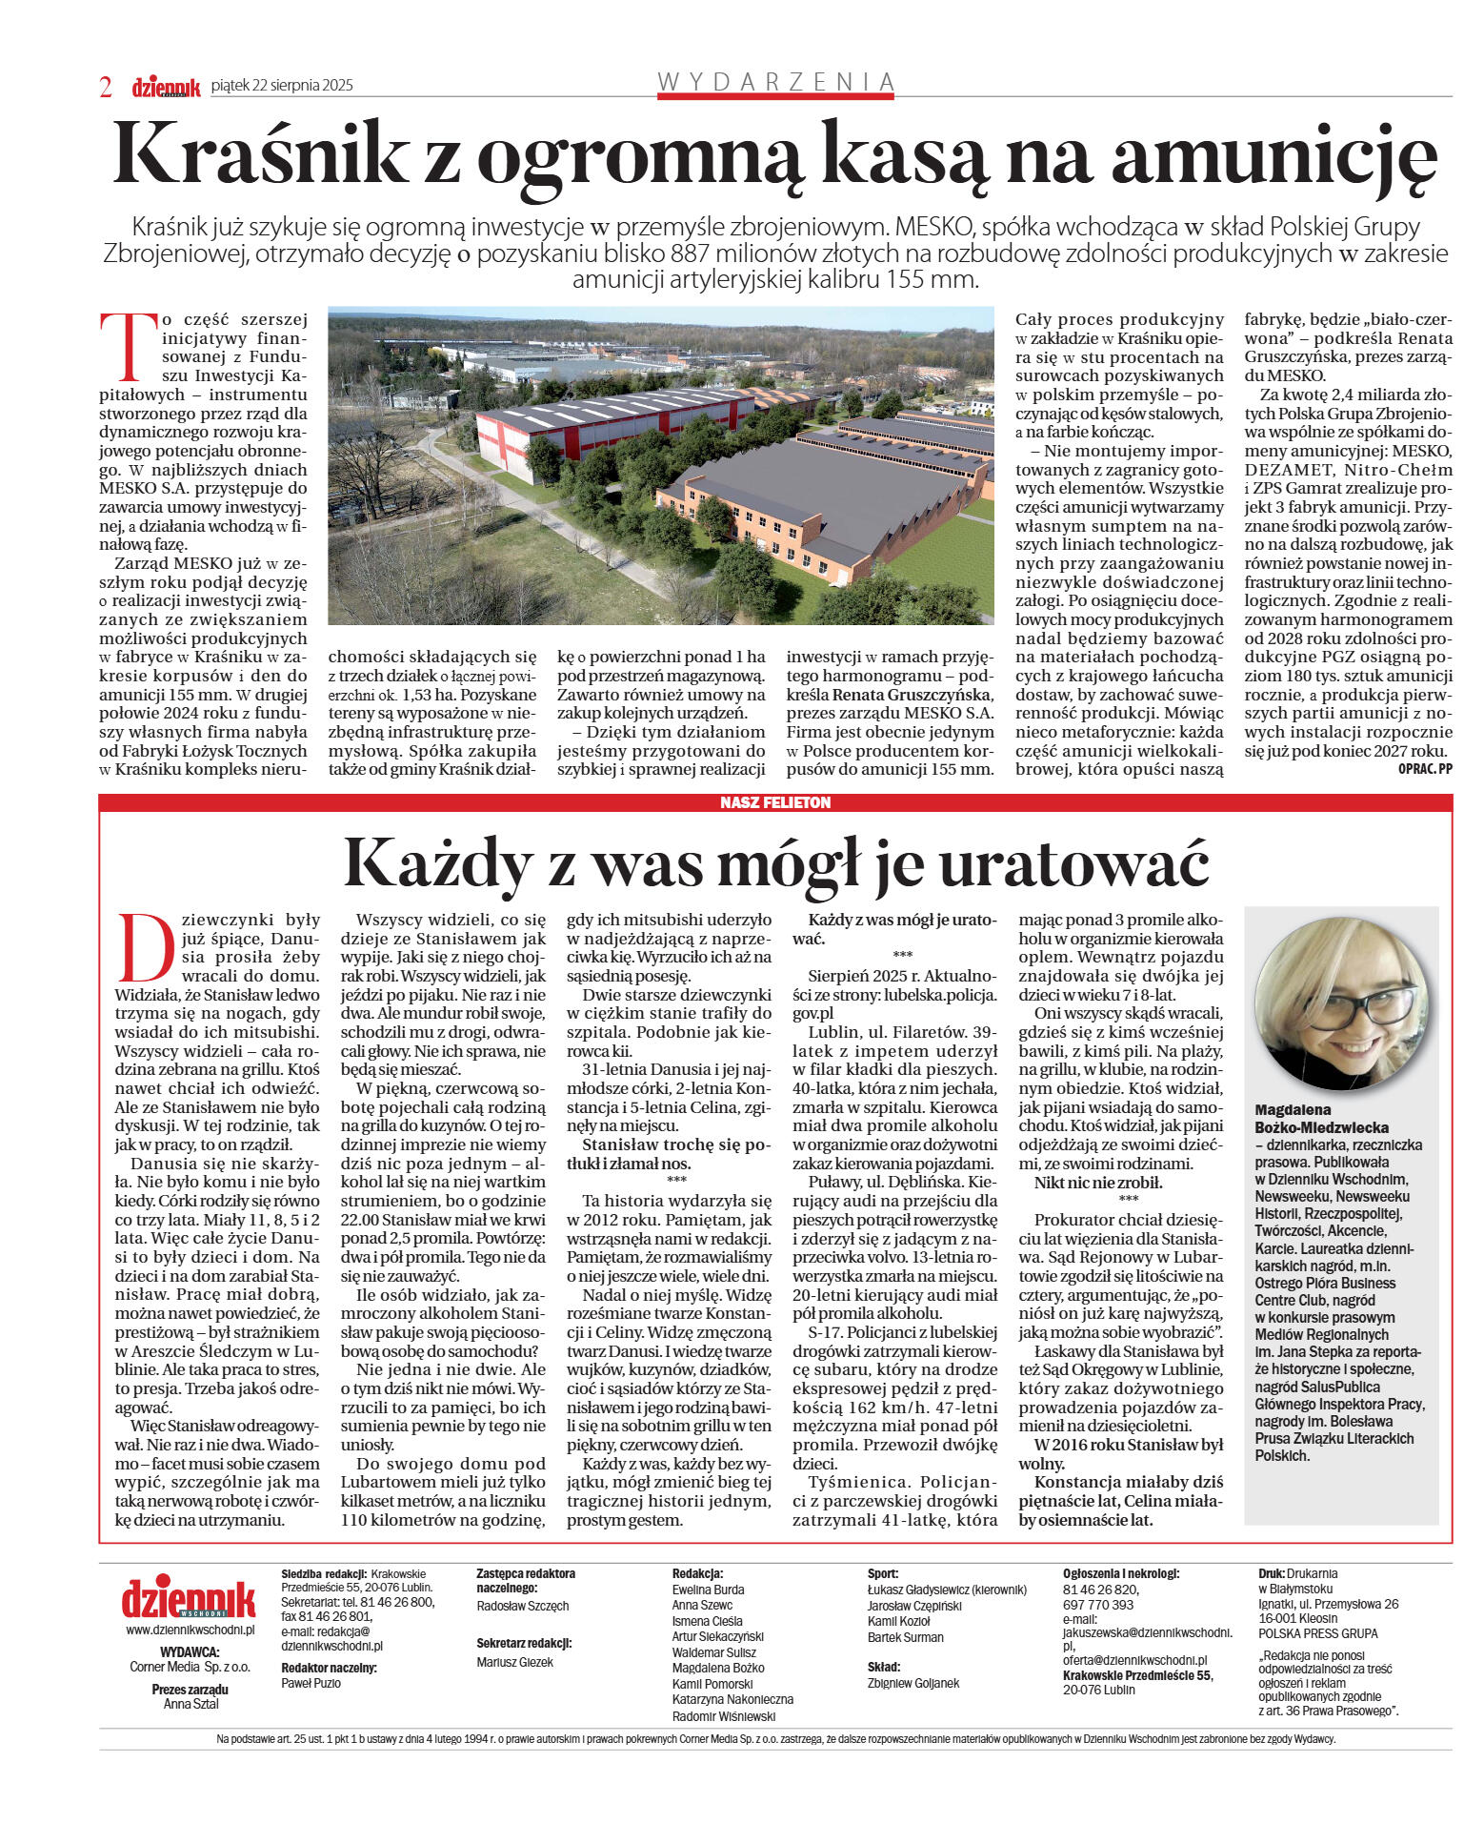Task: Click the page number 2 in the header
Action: pyautogui.click(x=106, y=87)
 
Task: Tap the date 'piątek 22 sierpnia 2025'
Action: pyautogui.click(x=282, y=86)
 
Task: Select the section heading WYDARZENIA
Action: pyautogui.click(x=776, y=82)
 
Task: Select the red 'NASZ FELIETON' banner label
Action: pyautogui.click(x=775, y=802)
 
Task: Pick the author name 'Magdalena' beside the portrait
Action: pyautogui.click(x=1293, y=1110)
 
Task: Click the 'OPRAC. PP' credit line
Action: pyautogui.click(x=1425, y=770)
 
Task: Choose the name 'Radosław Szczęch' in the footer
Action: pyautogui.click(x=523, y=1606)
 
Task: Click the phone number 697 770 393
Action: pyautogui.click(x=1098, y=1605)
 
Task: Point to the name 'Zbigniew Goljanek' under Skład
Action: pyautogui.click(x=913, y=1684)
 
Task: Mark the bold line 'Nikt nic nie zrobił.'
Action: pyautogui.click(x=1098, y=1183)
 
